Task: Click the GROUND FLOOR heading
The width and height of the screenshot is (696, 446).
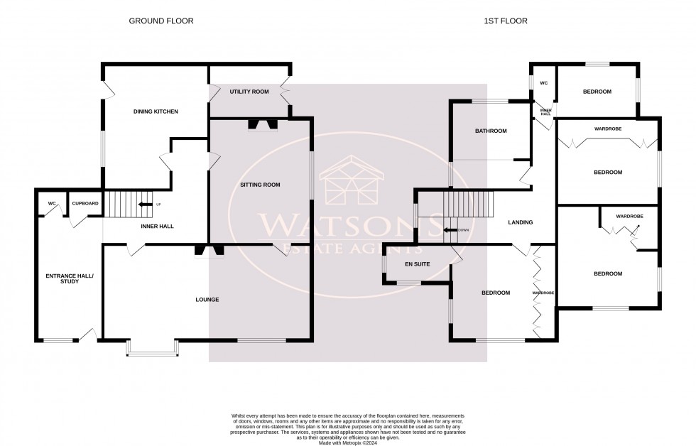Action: pyautogui.click(x=161, y=21)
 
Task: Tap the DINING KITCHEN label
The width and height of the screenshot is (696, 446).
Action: pyautogui.click(x=156, y=111)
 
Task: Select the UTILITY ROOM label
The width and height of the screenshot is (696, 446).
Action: pyautogui.click(x=249, y=92)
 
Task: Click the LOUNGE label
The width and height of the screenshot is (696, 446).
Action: pyautogui.click(x=207, y=300)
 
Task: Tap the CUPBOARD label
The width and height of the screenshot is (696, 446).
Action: pyautogui.click(x=85, y=204)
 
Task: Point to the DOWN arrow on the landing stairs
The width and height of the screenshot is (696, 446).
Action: pyautogui.click(x=450, y=230)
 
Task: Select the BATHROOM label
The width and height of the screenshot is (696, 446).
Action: pyautogui.click(x=491, y=131)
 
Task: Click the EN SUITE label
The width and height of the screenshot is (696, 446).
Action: pyautogui.click(x=418, y=264)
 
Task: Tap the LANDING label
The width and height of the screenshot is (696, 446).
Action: pyautogui.click(x=521, y=222)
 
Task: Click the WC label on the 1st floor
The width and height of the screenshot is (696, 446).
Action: pyautogui.click(x=544, y=83)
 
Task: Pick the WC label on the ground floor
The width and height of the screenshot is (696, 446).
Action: pyautogui.click(x=52, y=204)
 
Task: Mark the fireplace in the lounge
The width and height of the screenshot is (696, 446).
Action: pyautogui.click(x=210, y=250)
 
